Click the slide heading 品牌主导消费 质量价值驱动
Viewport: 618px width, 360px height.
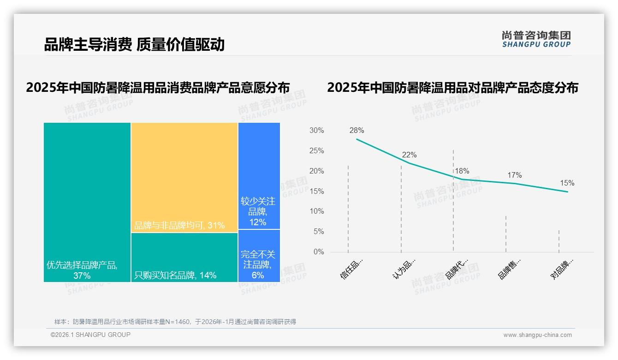(x=134, y=45)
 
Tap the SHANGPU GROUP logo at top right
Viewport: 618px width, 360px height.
(x=536, y=39)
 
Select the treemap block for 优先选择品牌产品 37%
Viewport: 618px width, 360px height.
(x=87, y=202)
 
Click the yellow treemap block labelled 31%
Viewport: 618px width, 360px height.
(x=184, y=177)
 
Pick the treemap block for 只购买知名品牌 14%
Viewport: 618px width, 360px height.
(x=184, y=257)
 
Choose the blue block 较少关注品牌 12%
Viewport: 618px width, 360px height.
(x=259, y=175)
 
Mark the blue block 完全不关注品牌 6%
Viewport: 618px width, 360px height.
(x=259, y=256)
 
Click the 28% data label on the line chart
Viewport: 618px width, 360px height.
(x=357, y=131)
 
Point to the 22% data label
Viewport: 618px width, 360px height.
(x=409, y=155)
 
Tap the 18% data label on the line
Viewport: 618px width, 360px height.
(x=462, y=171)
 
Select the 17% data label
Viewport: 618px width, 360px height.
(x=514, y=175)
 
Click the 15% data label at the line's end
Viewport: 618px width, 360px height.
(x=567, y=183)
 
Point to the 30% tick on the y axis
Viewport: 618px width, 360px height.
(x=316, y=131)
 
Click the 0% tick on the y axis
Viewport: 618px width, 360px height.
(x=319, y=252)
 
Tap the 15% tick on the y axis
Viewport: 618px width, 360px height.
(x=316, y=191)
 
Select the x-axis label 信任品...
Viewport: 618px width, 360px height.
(x=351, y=269)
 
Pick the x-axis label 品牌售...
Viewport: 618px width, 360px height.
(x=509, y=269)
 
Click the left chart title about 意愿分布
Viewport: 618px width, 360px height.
(x=158, y=88)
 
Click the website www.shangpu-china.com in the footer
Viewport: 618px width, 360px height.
(x=537, y=335)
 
